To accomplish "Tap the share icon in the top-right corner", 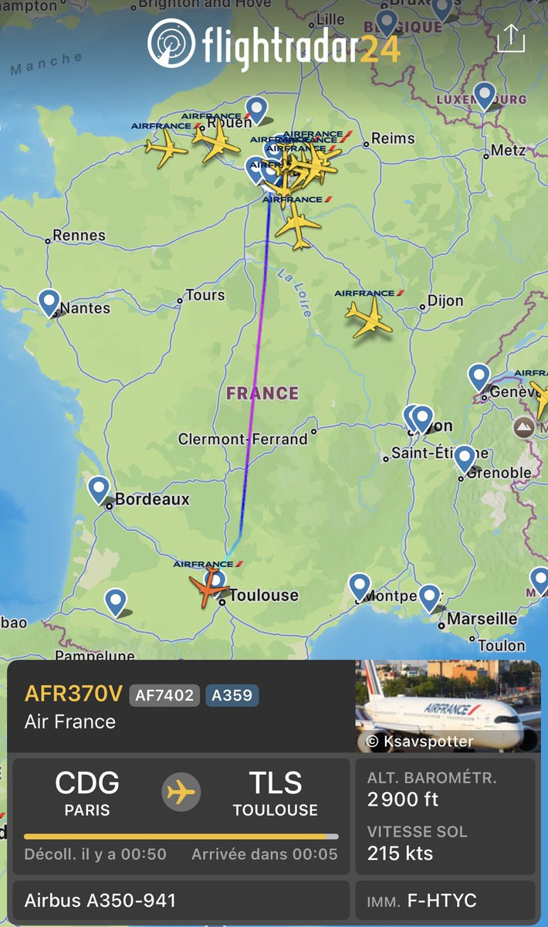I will pos(510,37).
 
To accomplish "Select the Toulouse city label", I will pos(263,595).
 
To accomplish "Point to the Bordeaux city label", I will pos(152,499).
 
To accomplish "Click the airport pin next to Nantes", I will pos(49,302).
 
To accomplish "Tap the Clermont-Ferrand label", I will pos(242,439).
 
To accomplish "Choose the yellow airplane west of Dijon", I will pos(370,317).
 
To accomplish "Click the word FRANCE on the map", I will pos(262,393).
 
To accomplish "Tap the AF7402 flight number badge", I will pos(164,694).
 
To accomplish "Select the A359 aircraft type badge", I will pos(232,694).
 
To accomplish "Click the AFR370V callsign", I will pos(73,694).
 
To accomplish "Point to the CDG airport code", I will pos(87,784).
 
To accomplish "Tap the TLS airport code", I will pos(276,784).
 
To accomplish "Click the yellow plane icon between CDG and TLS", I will pos(182,793).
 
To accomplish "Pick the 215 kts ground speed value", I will pos(400,854).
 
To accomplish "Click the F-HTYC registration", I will pos(441,901).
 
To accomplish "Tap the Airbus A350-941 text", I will pos(100,901).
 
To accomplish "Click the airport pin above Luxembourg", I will pos(485,96).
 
